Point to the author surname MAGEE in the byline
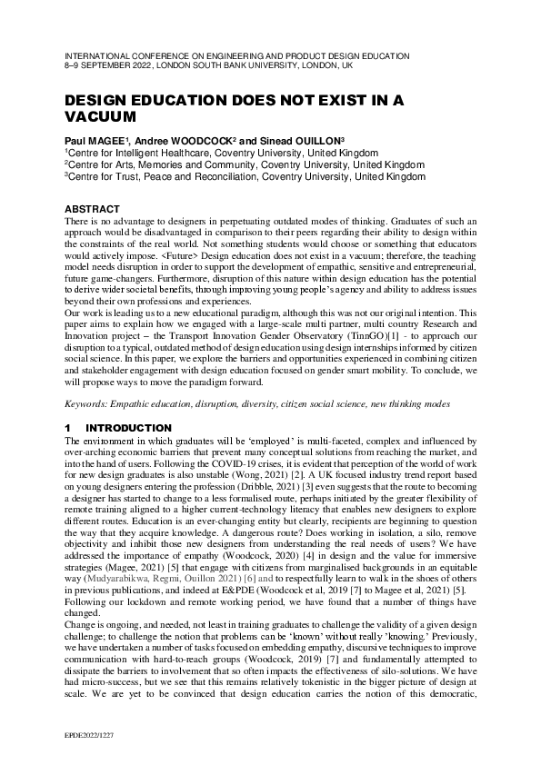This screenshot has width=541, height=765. pyautogui.click(x=120, y=142)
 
